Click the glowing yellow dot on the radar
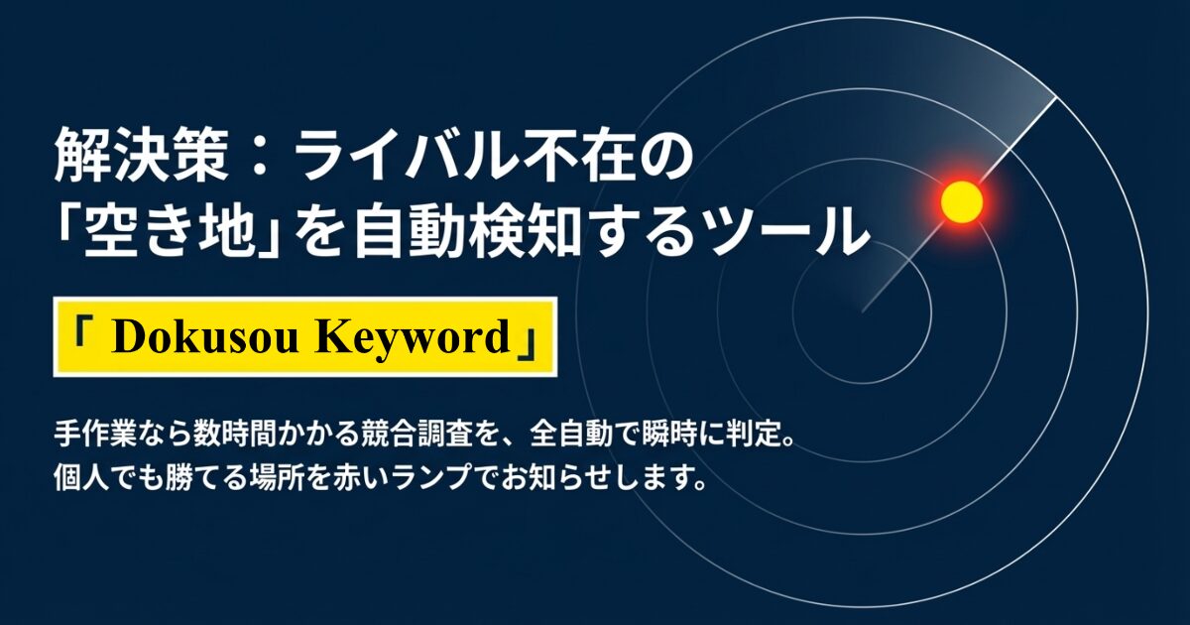[960, 201]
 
